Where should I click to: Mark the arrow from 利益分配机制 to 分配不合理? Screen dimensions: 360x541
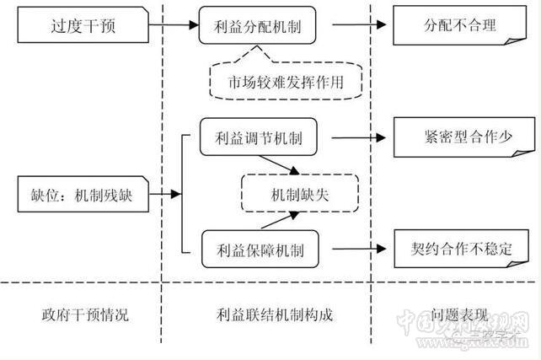point(350,25)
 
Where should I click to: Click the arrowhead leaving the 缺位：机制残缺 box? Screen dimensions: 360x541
point(175,194)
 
